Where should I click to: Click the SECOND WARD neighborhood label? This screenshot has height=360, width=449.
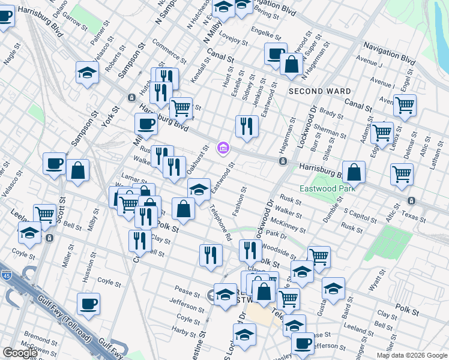tap(320, 91)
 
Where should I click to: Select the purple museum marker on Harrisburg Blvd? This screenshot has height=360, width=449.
tap(223, 146)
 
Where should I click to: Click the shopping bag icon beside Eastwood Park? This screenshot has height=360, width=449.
tap(355, 172)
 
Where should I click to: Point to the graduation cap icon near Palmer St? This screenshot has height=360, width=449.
tap(88, 73)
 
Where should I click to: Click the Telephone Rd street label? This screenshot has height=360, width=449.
tap(220, 222)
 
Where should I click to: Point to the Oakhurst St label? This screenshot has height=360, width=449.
tap(198, 158)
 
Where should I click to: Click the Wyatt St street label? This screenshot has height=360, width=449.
tap(377, 280)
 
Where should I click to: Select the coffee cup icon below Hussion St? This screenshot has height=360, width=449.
tap(88, 304)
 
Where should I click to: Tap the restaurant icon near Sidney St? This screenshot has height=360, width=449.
tap(247, 126)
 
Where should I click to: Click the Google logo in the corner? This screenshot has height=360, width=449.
tap(20, 353)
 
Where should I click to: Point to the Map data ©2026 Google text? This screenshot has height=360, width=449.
tap(411, 355)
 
